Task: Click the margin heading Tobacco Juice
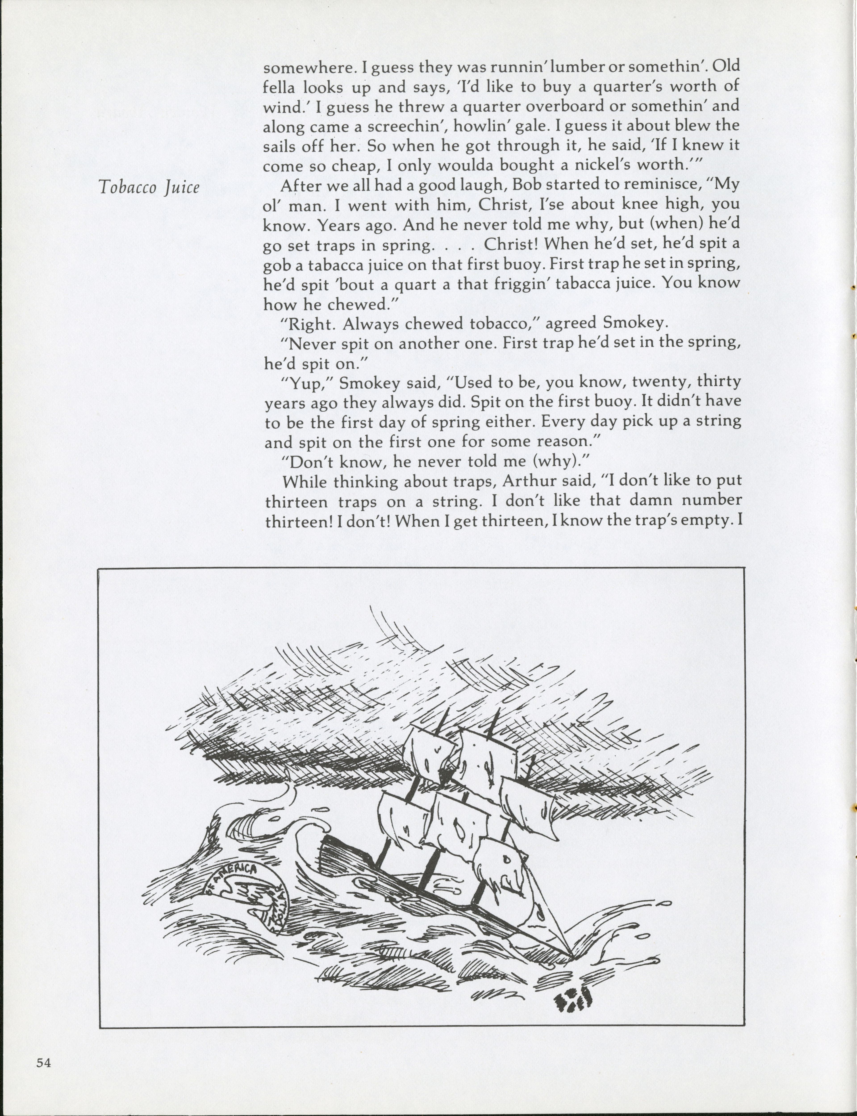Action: [x=148, y=188]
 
